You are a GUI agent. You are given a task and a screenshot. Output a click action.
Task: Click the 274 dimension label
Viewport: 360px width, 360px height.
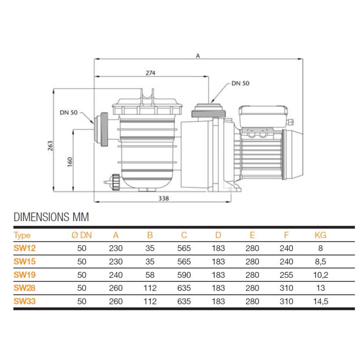pyautogui.click(x=150, y=72)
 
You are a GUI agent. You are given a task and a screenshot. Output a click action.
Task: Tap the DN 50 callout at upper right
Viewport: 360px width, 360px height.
pyautogui.click(x=240, y=83)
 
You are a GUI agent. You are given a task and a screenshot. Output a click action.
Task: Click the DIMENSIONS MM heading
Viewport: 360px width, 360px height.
pyautogui.click(x=51, y=217)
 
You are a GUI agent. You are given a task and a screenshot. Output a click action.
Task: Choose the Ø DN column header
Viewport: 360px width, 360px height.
pyautogui.click(x=82, y=235)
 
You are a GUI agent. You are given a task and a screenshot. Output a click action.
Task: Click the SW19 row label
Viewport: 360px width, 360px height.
pyautogui.click(x=25, y=275)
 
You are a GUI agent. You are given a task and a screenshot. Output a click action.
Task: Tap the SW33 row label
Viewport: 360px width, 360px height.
pyautogui.click(x=25, y=301)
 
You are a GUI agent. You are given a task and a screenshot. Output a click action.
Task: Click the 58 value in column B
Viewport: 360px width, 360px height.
pyautogui.click(x=150, y=275)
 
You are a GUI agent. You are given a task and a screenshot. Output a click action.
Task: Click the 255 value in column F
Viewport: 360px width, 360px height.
pyautogui.click(x=286, y=275)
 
